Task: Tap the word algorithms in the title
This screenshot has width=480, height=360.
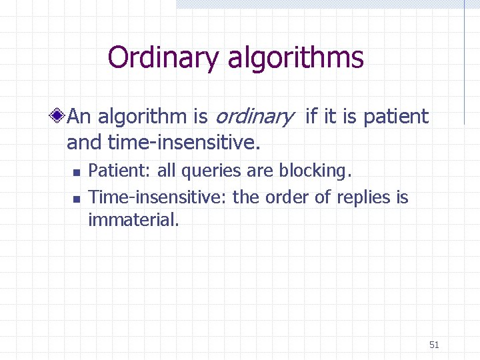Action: pyautogui.click(x=295, y=58)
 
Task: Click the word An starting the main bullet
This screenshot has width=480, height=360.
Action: pyautogui.click(x=79, y=117)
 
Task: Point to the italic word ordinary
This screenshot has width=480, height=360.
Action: pyautogui.click(x=253, y=118)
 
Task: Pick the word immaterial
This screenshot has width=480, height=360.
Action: pyautogui.click(x=133, y=220)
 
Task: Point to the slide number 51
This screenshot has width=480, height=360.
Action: pyautogui.click(x=434, y=345)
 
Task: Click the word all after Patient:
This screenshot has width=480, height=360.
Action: pyautogui.click(x=167, y=171)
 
